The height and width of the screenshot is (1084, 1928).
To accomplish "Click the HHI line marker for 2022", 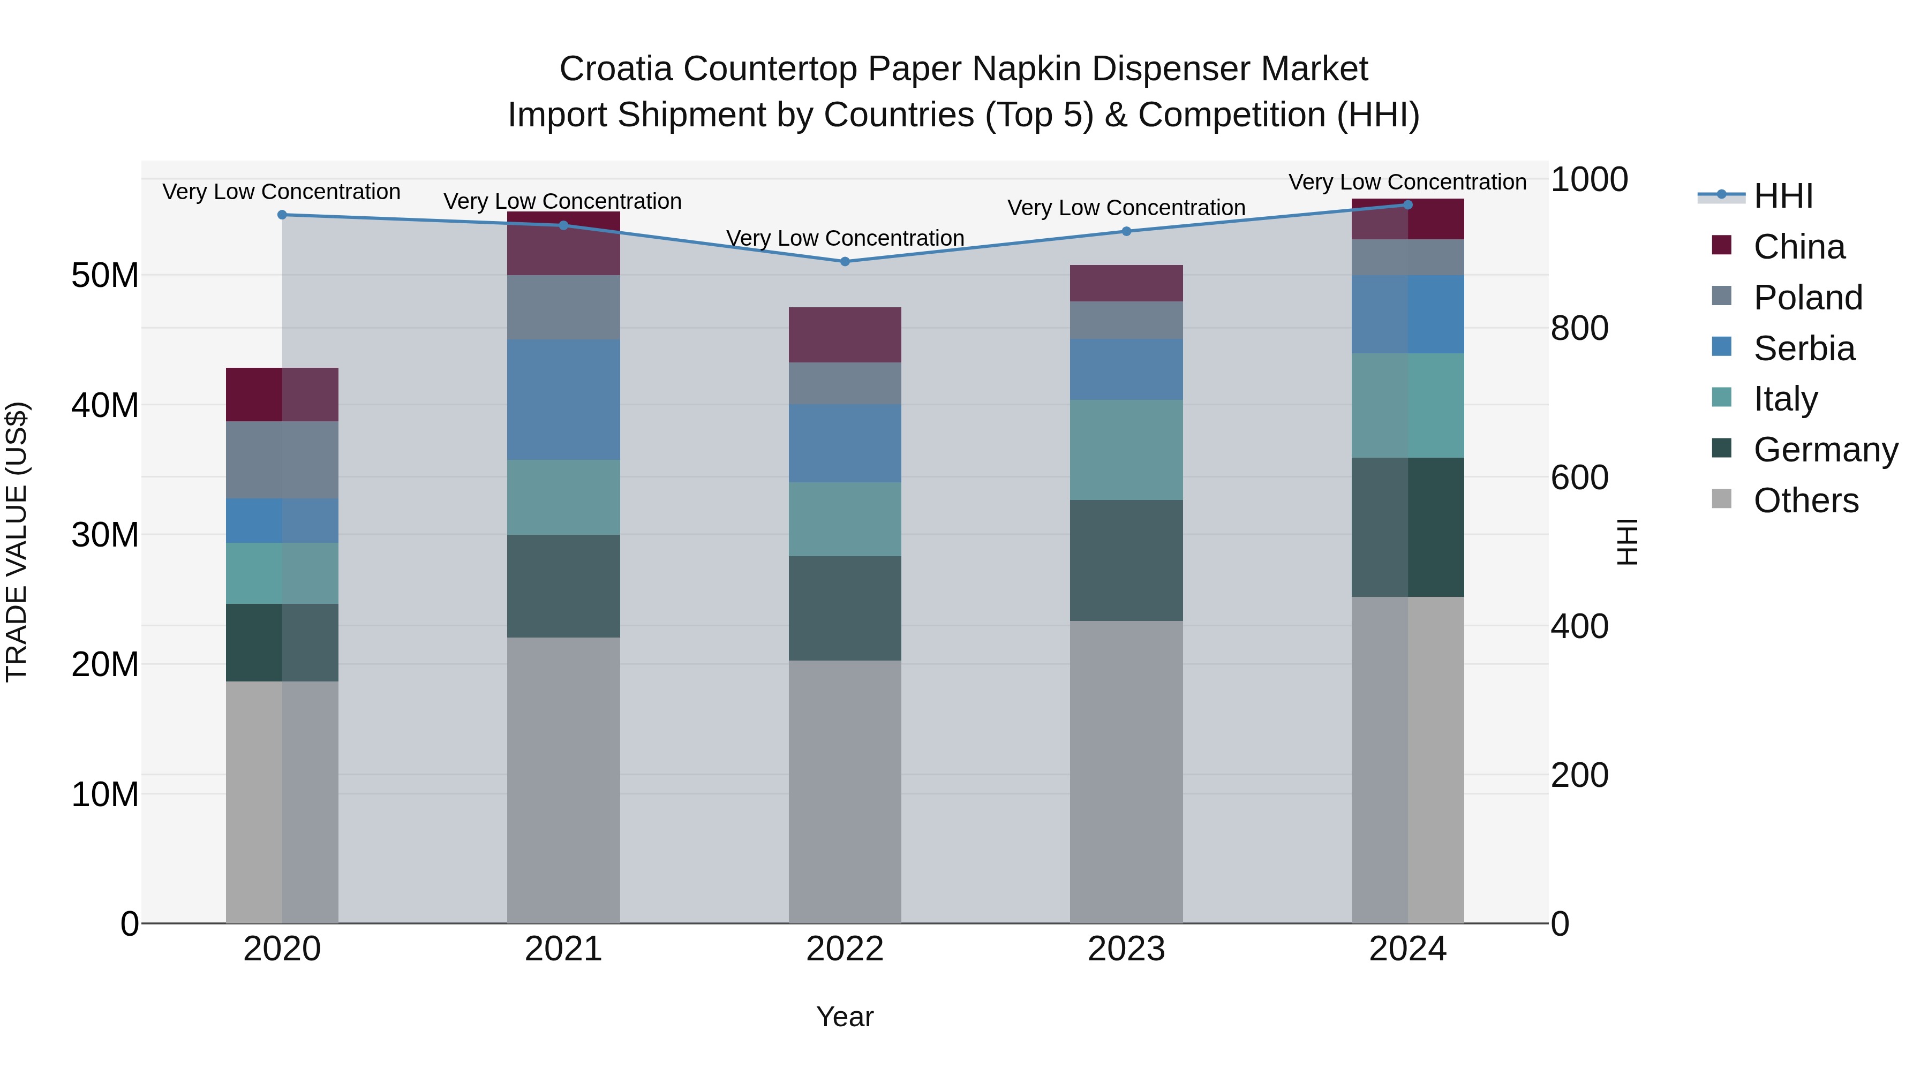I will pyautogui.click(x=845, y=262).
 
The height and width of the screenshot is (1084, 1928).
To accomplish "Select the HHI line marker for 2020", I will pyautogui.click(x=282, y=215).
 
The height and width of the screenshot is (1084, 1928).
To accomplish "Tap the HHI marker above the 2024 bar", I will pyautogui.click(x=1408, y=205).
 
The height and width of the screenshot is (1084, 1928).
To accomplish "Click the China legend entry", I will pyautogui.click(x=1798, y=247).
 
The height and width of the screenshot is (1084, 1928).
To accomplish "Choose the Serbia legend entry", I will pyautogui.click(x=1804, y=348).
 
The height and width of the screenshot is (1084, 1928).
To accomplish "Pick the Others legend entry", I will pyautogui.click(x=1805, y=501).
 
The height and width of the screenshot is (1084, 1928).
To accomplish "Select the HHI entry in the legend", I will pyautogui.click(x=1783, y=196).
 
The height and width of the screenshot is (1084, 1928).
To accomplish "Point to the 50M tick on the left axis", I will pyautogui.click(x=105, y=275).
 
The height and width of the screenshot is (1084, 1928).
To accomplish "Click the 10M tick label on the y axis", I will pyautogui.click(x=105, y=794).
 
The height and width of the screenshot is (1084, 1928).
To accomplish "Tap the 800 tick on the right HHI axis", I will pyautogui.click(x=1579, y=329).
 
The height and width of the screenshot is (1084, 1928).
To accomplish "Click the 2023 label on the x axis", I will pyautogui.click(x=1126, y=949).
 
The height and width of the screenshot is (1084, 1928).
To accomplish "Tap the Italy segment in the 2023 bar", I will pyautogui.click(x=1126, y=450).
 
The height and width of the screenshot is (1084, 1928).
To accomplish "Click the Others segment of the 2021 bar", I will pyautogui.click(x=563, y=780).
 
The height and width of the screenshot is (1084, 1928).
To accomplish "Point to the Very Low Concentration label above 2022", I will pyautogui.click(x=845, y=238).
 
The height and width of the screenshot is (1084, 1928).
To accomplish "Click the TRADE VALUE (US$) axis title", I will pyautogui.click(x=17, y=542).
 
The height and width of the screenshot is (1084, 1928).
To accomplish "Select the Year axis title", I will pyautogui.click(x=845, y=1017).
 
